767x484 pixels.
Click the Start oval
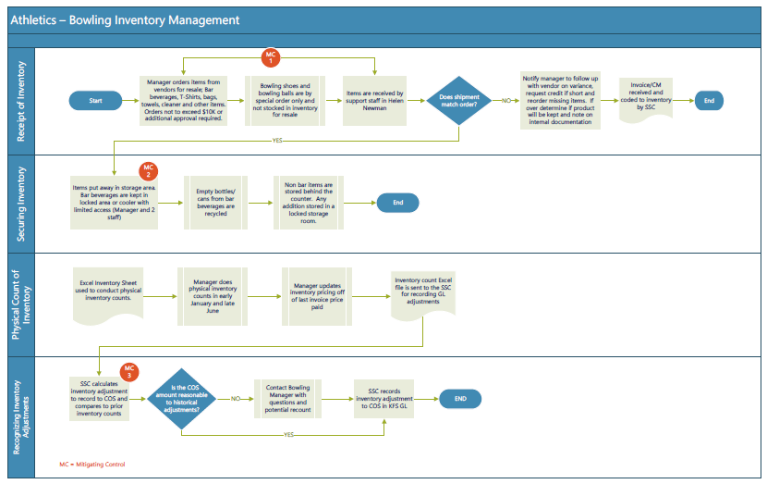tap(95, 101)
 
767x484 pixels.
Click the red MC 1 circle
tap(271, 57)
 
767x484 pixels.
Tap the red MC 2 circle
tap(148, 171)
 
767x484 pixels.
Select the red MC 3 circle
tap(129, 372)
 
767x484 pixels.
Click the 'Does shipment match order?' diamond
tap(459, 101)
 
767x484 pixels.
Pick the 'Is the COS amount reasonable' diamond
tap(181, 399)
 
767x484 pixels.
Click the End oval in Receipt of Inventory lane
tap(709, 101)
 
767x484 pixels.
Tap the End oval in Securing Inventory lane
tap(397, 203)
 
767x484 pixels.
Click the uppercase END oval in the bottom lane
tap(460, 399)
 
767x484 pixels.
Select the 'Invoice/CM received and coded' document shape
tap(646, 99)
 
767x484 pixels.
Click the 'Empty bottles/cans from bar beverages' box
tap(215, 203)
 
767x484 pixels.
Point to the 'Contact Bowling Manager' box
tap(287, 399)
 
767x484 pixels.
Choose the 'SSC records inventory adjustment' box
tap(384, 399)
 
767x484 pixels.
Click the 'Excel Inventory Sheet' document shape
tap(108, 295)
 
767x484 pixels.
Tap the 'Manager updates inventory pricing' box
tap(317, 296)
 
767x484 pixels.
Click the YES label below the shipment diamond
tap(277, 141)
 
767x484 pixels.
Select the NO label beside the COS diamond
tap(236, 399)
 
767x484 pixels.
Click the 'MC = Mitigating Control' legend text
tap(92, 464)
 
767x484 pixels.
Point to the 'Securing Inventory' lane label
tap(21, 205)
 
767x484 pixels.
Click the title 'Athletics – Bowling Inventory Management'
tap(125, 20)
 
